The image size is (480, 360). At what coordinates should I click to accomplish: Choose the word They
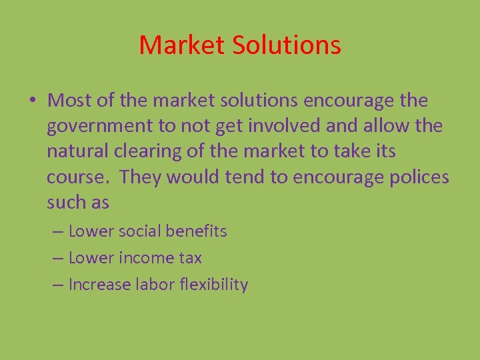tap(140, 177)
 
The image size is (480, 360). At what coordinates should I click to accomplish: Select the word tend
tap(248, 177)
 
